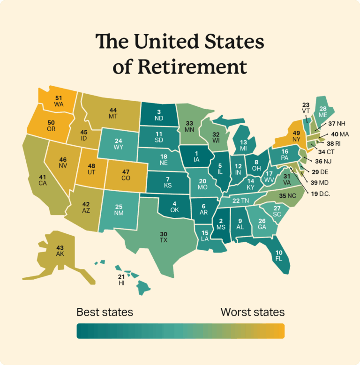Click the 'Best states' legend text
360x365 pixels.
click(105, 312)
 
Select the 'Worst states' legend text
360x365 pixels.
click(252, 312)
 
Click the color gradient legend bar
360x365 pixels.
click(180, 331)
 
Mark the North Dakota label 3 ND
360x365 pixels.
click(159, 115)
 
